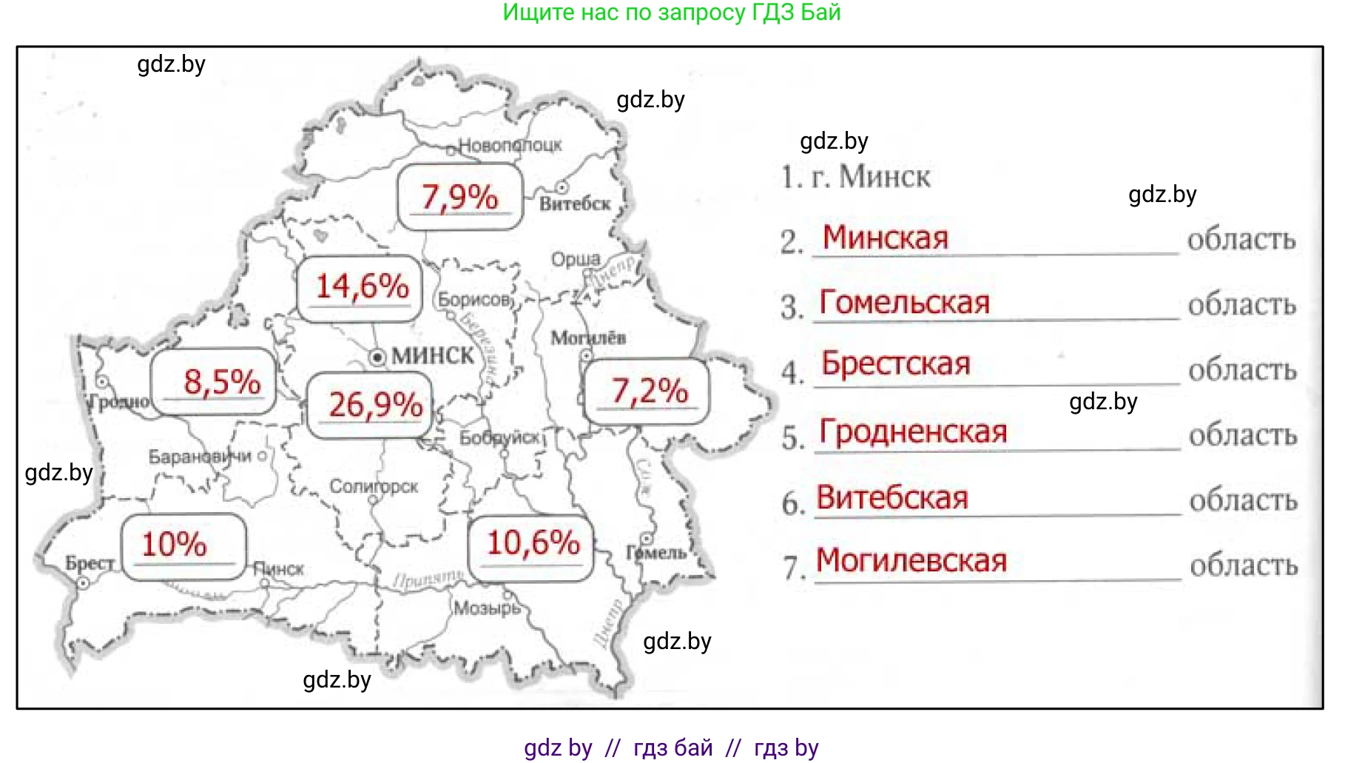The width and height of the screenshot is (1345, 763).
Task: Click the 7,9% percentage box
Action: point(459,197)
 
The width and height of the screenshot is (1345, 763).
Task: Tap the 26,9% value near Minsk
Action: point(375,405)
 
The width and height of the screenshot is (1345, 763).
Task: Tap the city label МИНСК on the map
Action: point(433,356)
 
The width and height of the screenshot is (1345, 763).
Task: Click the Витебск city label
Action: point(575,204)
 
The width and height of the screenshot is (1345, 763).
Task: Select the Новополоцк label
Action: point(510,145)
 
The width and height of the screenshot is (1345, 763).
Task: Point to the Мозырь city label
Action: point(487,608)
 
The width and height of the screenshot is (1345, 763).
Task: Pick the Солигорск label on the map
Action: point(374,486)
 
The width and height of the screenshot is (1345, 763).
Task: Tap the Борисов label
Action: point(474,300)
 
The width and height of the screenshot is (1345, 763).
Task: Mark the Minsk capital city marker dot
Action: point(378,357)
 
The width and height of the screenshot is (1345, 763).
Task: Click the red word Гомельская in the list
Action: point(904,303)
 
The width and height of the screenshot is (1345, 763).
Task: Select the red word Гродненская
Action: point(913,431)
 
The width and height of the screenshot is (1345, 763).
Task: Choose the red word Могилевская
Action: point(911,560)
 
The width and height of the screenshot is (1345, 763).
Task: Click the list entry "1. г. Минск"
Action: point(855,177)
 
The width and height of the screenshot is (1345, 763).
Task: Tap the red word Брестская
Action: point(895,364)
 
